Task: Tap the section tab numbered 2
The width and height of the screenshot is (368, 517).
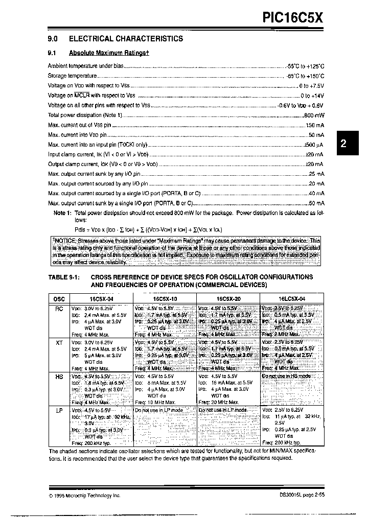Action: pos(343,144)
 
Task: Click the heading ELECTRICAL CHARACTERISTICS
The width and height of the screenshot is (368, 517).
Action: pos(126,38)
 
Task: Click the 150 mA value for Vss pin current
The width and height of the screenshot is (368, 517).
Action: pos(315,125)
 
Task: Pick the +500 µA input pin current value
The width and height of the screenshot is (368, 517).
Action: pos(313,145)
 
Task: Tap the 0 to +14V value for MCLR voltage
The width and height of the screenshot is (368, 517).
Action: pos(312,96)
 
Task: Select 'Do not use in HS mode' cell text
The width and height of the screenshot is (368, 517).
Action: pos(286,376)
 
